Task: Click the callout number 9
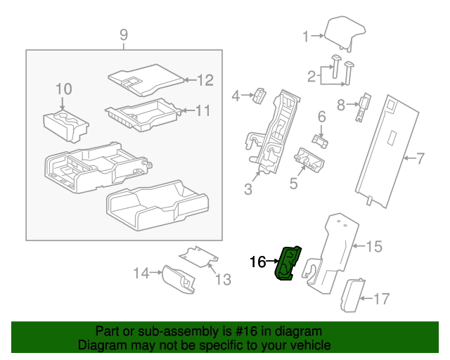click(124, 34)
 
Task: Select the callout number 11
click(202, 110)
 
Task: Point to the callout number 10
click(63, 89)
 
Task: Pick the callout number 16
click(258, 262)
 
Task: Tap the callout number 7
click(420, 159)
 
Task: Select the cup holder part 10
click(65, 124)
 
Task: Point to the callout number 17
click(380, 300)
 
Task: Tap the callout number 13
click(222, 280)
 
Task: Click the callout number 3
click(248, 188)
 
